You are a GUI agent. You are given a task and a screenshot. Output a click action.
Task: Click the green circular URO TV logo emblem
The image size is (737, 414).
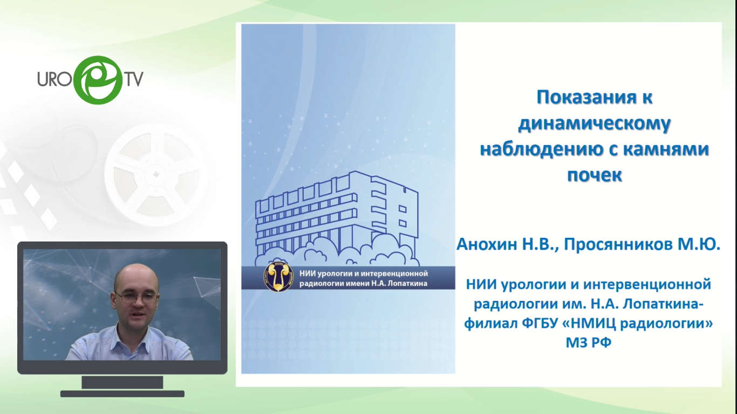click(98, 80)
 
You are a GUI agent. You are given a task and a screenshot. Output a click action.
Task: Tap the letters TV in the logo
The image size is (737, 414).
click(133, 79)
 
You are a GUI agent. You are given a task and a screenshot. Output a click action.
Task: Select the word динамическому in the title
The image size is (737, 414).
click(594, 124)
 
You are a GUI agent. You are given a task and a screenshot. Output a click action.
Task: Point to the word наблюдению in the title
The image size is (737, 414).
click(540, 150)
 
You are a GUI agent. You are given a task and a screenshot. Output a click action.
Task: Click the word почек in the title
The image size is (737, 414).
click(594, 175)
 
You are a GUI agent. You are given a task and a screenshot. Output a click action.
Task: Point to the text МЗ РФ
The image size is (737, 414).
click(588, 343)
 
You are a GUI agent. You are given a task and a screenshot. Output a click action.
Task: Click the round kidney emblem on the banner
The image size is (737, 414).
click(278, 277)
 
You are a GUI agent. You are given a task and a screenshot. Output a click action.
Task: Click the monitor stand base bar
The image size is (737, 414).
click(122, 394)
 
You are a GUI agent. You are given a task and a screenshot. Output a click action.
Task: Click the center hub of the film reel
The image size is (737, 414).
click(156, 174)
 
